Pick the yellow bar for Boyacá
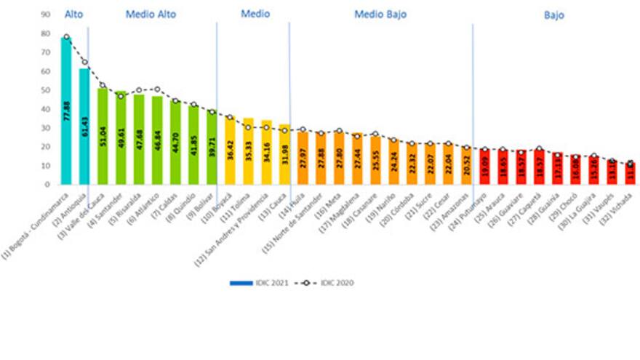point(230,153)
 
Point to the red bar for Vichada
point(630,175)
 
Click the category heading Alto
point(73,15)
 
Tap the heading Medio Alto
point(151,15)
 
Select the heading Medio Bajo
point(381,15)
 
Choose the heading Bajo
point(553,15)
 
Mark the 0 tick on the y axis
point(47,185)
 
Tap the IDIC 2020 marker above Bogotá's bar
point(66,37)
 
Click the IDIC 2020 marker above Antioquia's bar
point(84,62)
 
